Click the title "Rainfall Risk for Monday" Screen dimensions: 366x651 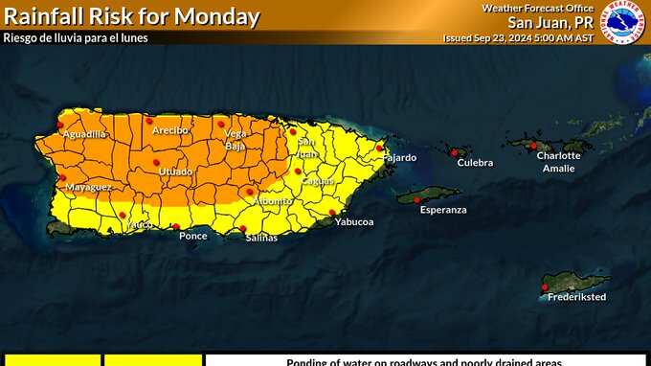132,16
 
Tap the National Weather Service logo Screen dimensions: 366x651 622,21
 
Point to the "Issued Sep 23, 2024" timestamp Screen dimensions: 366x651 518,38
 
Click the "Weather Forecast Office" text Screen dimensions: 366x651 536,8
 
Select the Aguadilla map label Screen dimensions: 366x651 84,134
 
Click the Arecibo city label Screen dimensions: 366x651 169,130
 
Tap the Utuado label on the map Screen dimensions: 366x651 175,172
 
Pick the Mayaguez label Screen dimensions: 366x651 88,187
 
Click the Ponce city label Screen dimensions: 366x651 193,236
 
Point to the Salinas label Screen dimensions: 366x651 260,238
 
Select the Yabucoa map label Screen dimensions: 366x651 353,222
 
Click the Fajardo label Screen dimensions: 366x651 400,157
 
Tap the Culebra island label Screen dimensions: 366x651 475,163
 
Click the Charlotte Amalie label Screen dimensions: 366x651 558,162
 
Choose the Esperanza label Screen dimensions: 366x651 443,210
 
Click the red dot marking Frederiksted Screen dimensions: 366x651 545,286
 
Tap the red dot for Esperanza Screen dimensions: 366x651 416,199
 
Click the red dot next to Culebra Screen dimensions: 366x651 452,151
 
